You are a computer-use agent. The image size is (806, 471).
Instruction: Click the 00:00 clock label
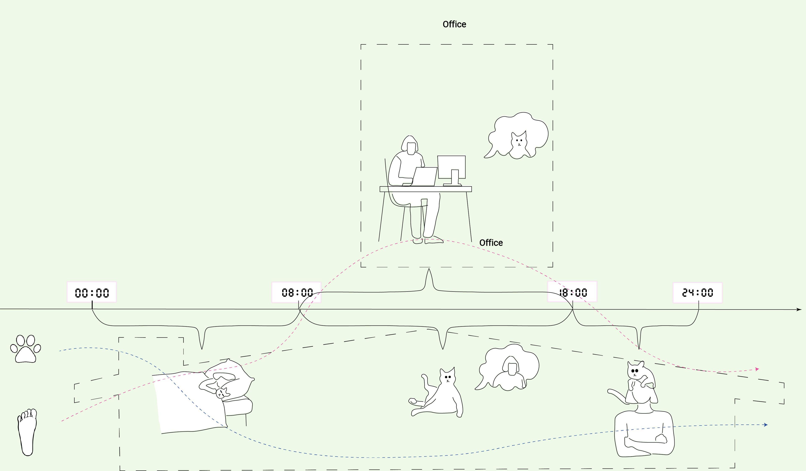92,292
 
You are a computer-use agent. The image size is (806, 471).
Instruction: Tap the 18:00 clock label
572,292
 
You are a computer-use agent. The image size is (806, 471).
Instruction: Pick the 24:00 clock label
698,292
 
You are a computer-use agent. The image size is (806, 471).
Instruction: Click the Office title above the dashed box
454,24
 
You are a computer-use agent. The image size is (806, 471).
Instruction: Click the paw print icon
26,349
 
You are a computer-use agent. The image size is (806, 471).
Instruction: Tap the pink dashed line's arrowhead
757,369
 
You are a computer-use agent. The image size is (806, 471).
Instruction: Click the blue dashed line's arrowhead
766,425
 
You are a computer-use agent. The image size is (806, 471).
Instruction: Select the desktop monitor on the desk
451,168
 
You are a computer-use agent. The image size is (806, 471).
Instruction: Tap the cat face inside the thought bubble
519,141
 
